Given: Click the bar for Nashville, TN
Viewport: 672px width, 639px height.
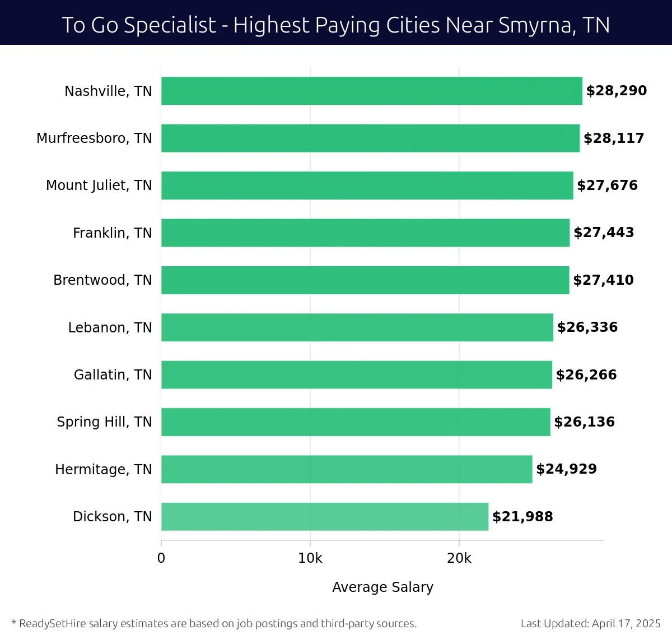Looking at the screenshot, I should tap(371, 91).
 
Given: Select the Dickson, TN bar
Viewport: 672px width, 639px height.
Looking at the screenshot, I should tap(325, 516).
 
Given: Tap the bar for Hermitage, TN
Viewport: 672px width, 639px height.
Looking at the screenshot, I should tap(347, 469).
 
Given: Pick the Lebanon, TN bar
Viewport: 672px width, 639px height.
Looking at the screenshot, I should tap(357, 327).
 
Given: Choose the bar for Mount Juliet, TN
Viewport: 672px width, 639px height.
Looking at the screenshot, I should tap(367, 186).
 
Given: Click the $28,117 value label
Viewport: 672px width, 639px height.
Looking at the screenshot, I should tap(614, 138).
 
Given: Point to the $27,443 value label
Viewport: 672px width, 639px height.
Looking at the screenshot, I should tap(604, 233).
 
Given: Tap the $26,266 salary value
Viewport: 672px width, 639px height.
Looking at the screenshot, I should tap(586, 374).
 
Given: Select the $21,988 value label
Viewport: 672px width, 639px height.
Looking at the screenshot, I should tap(522, 516).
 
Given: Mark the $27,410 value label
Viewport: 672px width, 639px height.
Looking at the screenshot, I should tap(603, 280).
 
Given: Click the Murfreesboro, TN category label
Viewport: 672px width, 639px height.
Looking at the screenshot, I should tap(94, 138).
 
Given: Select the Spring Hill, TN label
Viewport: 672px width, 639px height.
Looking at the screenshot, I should tap(104, 422).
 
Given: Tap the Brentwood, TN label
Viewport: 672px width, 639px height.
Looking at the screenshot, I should tap(102, 280).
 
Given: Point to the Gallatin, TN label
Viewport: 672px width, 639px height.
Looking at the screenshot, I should tap(113, 374).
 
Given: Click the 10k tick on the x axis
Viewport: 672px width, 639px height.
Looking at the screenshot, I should tap(310, 558).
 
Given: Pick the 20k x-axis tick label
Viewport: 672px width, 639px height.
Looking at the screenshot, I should tap(459, 558).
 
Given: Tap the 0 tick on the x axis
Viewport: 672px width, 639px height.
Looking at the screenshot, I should tap(161, 558).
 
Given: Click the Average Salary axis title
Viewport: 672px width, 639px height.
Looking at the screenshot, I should tap(382, 587).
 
